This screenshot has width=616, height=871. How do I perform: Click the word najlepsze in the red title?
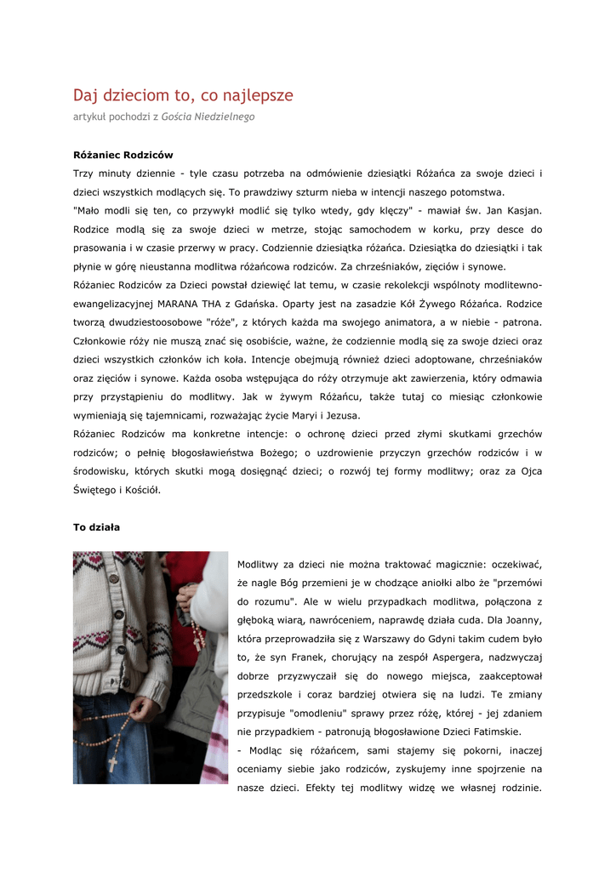252,96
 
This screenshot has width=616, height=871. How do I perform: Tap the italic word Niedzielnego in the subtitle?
225,117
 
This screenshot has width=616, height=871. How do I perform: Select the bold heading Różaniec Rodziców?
123,155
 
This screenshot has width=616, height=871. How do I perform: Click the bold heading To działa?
96,527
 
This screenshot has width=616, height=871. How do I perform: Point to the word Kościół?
140,490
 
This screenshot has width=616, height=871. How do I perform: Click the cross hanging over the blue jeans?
112,763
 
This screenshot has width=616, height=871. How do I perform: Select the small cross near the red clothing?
198,643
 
